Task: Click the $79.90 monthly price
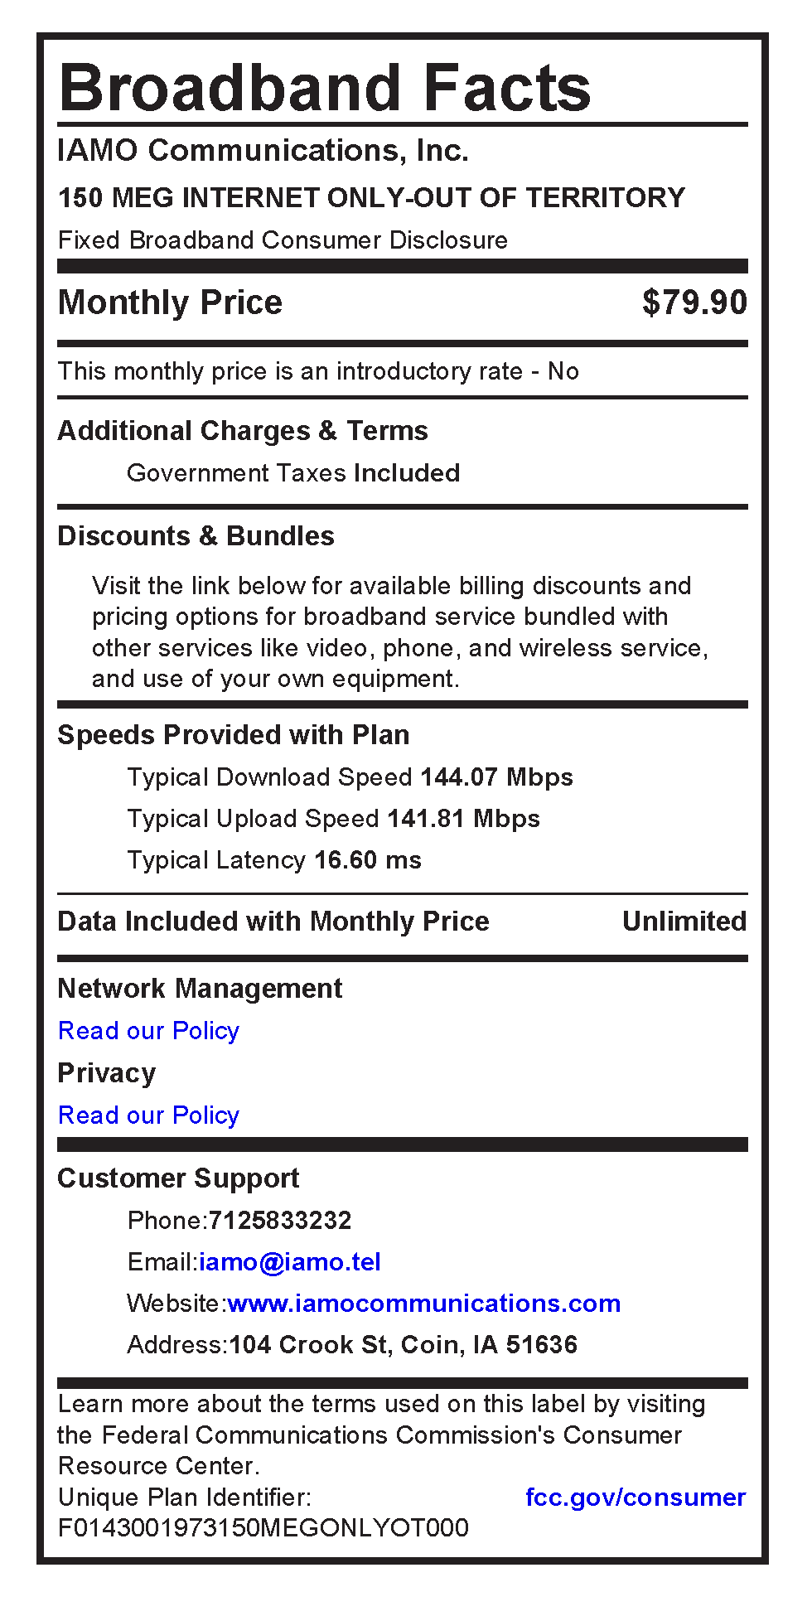click(694, 302)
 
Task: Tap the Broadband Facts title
click(325, 88)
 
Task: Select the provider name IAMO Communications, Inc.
click(263, 151)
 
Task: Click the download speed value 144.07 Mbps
click(496, 777)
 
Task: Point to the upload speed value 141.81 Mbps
click(463, 819)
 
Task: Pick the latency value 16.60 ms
click(368, 860)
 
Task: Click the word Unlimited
click(684, 922)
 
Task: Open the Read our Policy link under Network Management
click(148, 1031)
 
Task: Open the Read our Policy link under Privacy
click(148, 1115)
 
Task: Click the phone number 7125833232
click(280, 1221)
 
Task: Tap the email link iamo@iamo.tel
click(290, 1262)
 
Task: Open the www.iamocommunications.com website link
click(423, 1304)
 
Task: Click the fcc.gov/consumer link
click(636, 1497)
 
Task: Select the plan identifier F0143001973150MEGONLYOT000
click(263, 1527)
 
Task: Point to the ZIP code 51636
click(542, 1344)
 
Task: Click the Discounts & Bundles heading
click(196, 536)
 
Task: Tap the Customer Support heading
click(178, 1178)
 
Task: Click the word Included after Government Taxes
click(407, 473)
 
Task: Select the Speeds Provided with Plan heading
click(233, 735)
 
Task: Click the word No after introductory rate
click(563, 371)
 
